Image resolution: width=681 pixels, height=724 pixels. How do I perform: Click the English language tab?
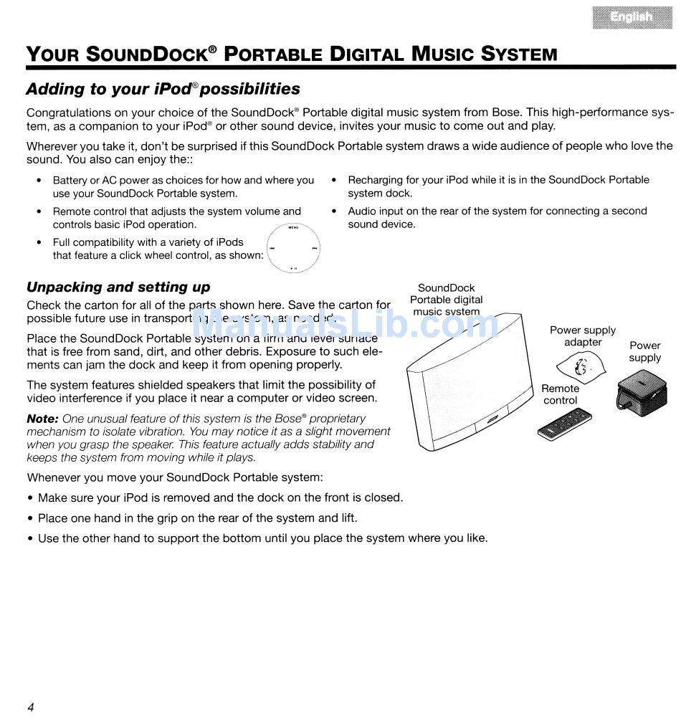point(632,16)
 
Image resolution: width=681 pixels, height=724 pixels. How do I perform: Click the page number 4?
point(31,708)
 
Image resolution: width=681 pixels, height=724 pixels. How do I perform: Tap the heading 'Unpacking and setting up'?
point(118,287)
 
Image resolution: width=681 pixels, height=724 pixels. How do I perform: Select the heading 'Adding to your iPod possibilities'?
point(163,89)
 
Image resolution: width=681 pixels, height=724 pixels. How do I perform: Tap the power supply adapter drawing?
point(584,368)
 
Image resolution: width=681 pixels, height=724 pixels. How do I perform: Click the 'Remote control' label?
point(561,394)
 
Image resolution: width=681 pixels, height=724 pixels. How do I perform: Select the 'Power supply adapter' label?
point(583,336)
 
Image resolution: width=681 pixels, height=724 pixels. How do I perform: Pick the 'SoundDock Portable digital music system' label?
point(447,300)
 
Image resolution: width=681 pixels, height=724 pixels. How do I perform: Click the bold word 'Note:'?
point(42,419)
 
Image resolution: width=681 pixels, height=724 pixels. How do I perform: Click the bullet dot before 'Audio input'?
point(334,211)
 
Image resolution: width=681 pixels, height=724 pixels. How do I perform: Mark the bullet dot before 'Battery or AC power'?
point(39,181)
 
